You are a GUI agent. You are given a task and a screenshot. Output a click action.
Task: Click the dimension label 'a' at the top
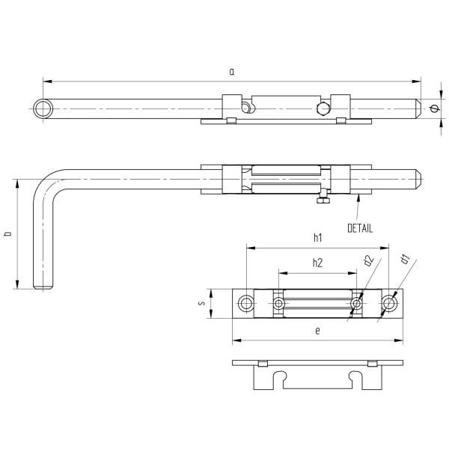[x=232, y=72]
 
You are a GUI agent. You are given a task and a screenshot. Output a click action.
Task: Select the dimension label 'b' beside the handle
[x=8, y=233]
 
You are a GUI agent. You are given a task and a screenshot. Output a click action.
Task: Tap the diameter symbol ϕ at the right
[x=434, y=109]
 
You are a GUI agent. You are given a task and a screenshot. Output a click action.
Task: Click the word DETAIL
[x=360, y=228]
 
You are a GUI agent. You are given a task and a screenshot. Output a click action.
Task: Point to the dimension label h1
[x=318, y=237]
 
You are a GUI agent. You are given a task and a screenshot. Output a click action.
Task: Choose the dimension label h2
[x=317, y=263]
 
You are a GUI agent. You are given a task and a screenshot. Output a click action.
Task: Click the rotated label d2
[x=369, y=260]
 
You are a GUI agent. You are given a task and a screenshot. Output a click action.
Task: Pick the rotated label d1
[x=405, y=259]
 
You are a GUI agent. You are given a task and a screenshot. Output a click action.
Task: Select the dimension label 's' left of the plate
[x=202, y=303]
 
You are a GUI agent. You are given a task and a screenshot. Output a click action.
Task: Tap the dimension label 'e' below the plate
[x=317, y=332]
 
